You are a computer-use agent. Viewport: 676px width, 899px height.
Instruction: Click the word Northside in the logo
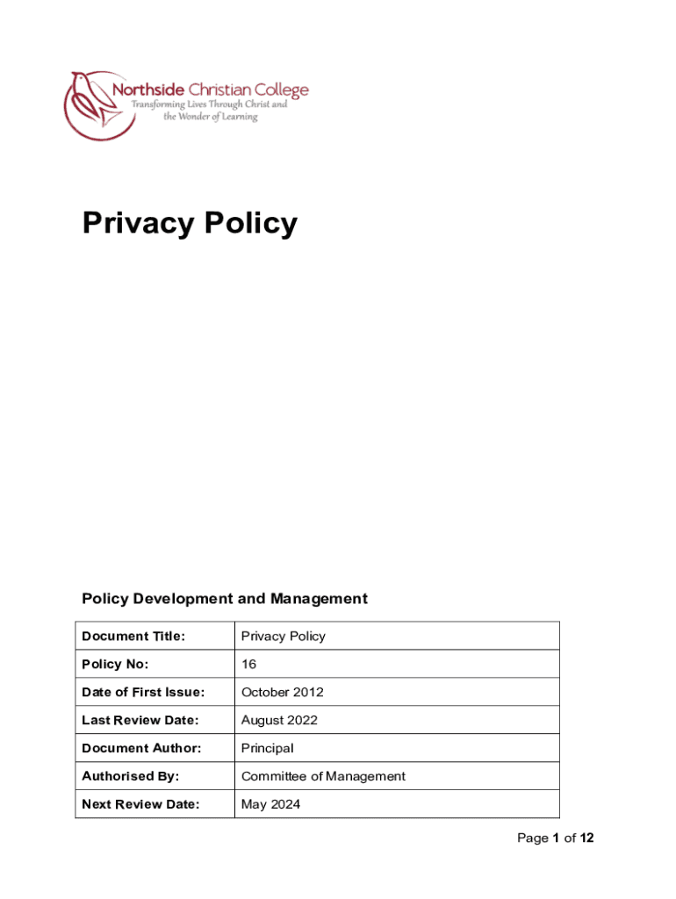[147, 90]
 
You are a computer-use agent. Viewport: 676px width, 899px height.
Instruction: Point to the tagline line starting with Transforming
[209, 104]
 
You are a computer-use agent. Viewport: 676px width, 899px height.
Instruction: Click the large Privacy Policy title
[190, 224]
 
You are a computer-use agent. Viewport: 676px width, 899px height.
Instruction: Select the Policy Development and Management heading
[224, 599]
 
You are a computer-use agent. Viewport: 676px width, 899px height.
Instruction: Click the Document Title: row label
[133, 636]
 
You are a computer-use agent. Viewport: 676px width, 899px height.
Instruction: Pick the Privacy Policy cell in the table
[283, 636]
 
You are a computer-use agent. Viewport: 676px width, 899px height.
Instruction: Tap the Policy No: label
[115, 664]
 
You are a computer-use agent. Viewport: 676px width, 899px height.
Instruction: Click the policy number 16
[248, 664]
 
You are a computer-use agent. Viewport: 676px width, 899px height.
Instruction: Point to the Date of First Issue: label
[143, 692]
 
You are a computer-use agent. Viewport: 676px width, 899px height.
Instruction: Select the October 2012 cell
[282, 692]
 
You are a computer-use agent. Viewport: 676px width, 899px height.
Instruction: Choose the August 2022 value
[279, 720]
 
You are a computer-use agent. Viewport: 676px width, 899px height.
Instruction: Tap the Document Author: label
[141, 748]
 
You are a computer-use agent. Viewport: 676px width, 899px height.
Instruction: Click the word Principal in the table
[267, 748]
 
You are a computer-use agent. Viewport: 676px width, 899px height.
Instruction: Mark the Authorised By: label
[130, 776]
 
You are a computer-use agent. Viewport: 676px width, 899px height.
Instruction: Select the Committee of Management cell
[323, 776]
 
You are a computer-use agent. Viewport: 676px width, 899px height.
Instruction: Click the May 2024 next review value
[270, 804]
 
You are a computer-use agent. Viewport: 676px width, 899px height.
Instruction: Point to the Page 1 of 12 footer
[555, 838]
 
